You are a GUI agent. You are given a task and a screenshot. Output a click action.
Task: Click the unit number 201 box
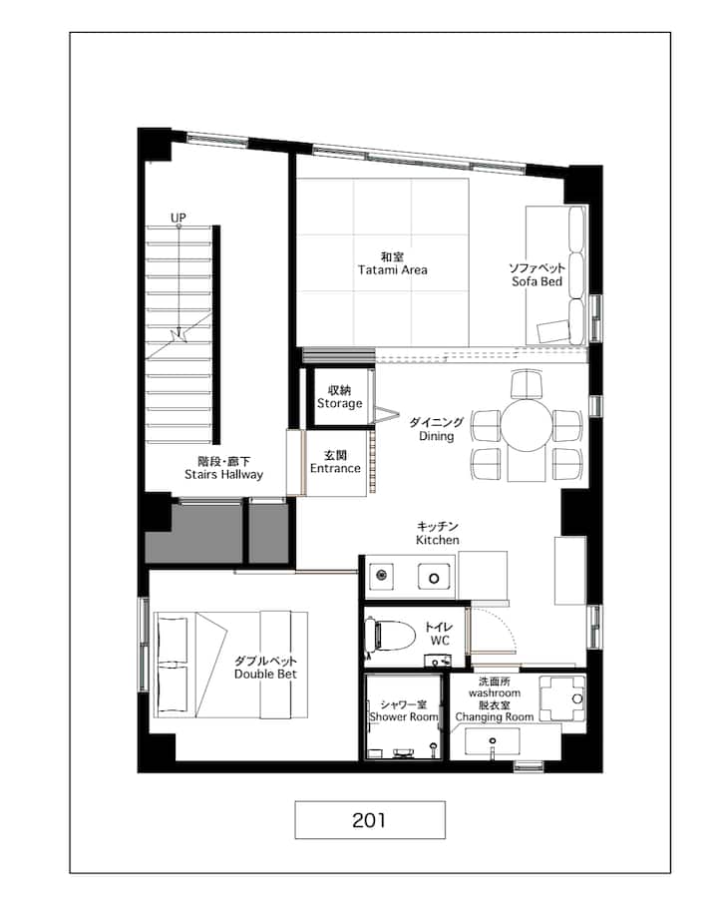(x=370, y=819)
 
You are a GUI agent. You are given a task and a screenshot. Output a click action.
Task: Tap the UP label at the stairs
(x=179, y=218)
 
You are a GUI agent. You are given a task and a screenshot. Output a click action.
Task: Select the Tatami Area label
(x=393, y=269)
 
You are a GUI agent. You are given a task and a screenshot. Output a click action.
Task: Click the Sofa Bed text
(x=538, y=281)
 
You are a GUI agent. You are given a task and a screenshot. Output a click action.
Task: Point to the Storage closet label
(x=340, y=403)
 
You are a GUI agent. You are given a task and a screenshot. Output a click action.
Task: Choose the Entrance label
(x=335, y=468)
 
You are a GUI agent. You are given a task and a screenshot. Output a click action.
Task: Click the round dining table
(x=527, y=427)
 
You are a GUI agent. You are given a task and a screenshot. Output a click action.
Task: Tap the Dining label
(x=436, y=436)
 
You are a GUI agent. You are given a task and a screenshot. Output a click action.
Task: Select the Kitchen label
(x=438, y=540)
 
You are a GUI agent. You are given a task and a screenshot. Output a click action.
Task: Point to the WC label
(x=440, y=641)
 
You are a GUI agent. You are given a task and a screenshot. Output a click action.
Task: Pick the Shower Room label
(x=404, y=716)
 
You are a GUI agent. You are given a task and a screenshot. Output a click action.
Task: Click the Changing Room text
(x=495, y=716)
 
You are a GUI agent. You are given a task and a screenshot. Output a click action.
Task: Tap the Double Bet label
(x=265, y=674)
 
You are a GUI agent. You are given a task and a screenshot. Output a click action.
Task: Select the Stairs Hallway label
(x=223, y=474)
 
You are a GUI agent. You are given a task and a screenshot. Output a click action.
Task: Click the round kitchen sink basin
(x=434, y=579)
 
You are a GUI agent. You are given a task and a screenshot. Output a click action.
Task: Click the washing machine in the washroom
(x=562, y=698)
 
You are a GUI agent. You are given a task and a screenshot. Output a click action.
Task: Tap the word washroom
(x=495, y=692)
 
